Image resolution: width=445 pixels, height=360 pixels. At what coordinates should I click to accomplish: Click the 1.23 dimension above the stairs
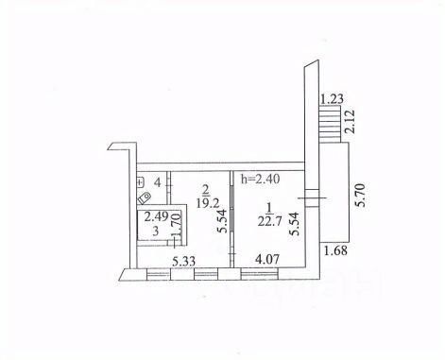click(x=332, y=99)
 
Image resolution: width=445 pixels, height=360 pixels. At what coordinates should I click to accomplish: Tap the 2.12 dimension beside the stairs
click(x=350, y=121)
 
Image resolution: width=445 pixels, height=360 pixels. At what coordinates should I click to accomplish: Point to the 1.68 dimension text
click(x=336, y=250)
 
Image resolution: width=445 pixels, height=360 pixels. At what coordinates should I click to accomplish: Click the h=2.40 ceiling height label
click(x=260, y=179)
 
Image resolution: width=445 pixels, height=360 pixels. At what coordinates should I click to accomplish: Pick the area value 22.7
click(x=269, y=222)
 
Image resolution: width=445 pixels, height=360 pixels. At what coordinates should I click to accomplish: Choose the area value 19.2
click(x=208, y=203)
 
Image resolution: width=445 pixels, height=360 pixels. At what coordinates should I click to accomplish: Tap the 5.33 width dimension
click(x=183, y=261)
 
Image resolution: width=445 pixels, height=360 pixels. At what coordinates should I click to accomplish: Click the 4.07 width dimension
click(x=267, y=260)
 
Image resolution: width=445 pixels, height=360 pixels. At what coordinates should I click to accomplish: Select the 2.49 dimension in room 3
click(x=156, y=216)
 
